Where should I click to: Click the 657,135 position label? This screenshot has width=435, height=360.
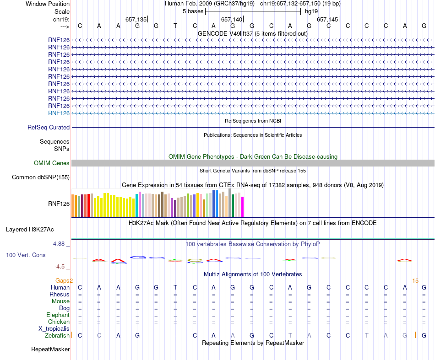(136, 20)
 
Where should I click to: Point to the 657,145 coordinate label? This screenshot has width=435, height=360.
(327, 20)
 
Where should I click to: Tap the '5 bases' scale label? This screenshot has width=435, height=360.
(193, 11)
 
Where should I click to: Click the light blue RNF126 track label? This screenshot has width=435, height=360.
(59, 113)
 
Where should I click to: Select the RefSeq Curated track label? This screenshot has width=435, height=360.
(49, 128)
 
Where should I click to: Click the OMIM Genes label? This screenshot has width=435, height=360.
(51, 163)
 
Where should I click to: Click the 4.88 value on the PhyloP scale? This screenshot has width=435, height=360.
(60, 244)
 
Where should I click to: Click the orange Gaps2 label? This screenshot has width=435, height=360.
(64, 280)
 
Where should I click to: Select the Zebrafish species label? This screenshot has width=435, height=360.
(57, 335)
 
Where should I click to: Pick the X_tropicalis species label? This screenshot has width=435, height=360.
(54, 328)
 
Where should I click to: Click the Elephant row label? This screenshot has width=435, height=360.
(58, 315)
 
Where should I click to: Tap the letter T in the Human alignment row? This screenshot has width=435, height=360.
(175, 287)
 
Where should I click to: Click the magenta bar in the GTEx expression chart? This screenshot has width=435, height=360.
(243, 207)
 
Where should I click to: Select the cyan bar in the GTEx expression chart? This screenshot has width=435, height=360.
(137, 205)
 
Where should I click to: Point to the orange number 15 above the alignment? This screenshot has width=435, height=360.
(415, 280)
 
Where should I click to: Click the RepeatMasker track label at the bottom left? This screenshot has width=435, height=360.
(50, 349)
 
